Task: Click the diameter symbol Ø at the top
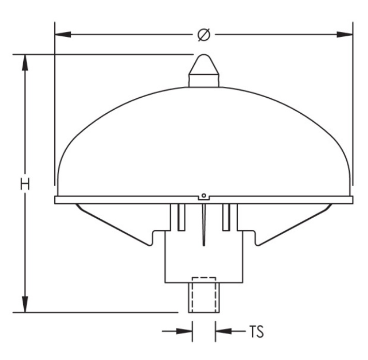point(204,35)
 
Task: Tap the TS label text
point(254,331)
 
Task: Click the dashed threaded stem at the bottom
point(203,295)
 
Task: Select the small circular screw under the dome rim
point(204,196)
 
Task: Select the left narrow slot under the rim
point(180,217)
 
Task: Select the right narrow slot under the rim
point(226,217)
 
